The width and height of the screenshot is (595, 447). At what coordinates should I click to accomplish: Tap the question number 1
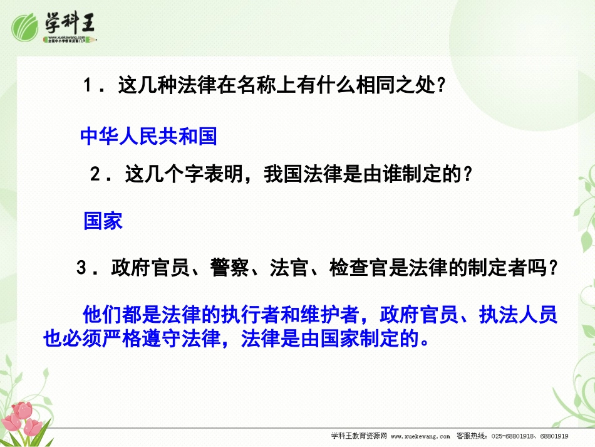pos(88,87)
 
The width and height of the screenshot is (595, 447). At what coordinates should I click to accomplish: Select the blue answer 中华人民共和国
pos(148,136)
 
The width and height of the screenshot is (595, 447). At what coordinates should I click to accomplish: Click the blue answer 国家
pos(103,221)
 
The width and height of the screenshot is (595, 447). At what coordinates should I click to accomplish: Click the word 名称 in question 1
pos(256,87)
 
